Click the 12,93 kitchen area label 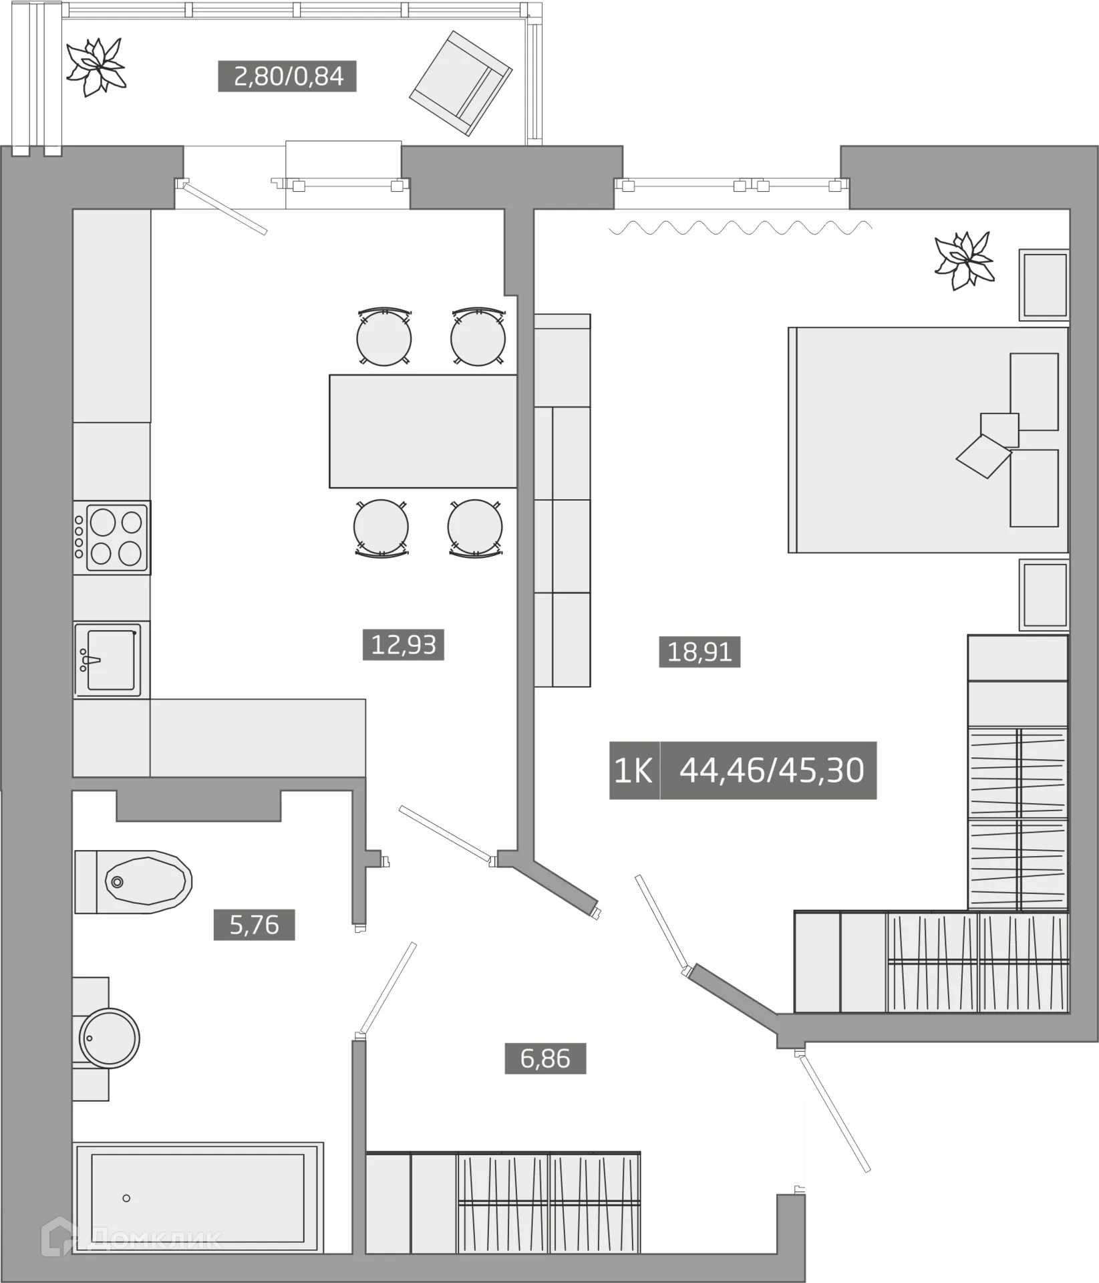coord(404,645)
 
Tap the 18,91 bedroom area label coord(699,652)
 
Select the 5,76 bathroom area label coord(254,925)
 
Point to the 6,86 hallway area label coord(545,1058)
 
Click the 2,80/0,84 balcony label coord(287,76)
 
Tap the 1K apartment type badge coord(634,770)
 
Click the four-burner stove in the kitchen coord(112,537)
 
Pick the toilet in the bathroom coord(134,882)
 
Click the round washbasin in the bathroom coord(110,1038)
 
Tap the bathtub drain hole coord(126,1198)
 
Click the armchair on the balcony coord(461,84)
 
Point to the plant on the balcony coord(96,67)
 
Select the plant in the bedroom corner coord(965,261)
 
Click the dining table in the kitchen coord(423,431)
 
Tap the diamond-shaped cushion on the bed coord(984,456)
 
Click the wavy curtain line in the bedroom coord(740,228)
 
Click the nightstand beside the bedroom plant coord(1044,285)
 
